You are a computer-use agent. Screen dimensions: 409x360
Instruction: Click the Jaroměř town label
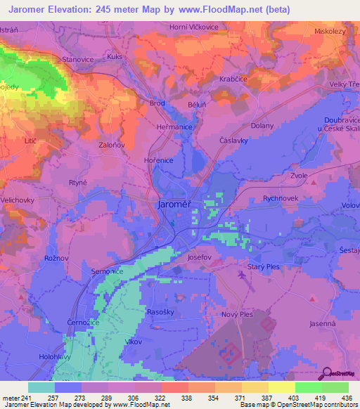pyautogui.click(x=173, y=204)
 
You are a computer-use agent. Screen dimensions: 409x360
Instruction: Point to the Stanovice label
pyautogui.click(x=77, y=60)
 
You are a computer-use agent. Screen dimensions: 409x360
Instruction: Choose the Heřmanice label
pyautogui.click(x=174, y=126)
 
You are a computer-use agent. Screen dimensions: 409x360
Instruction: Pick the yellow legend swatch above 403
pyautogui.click(x=281, y=387)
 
